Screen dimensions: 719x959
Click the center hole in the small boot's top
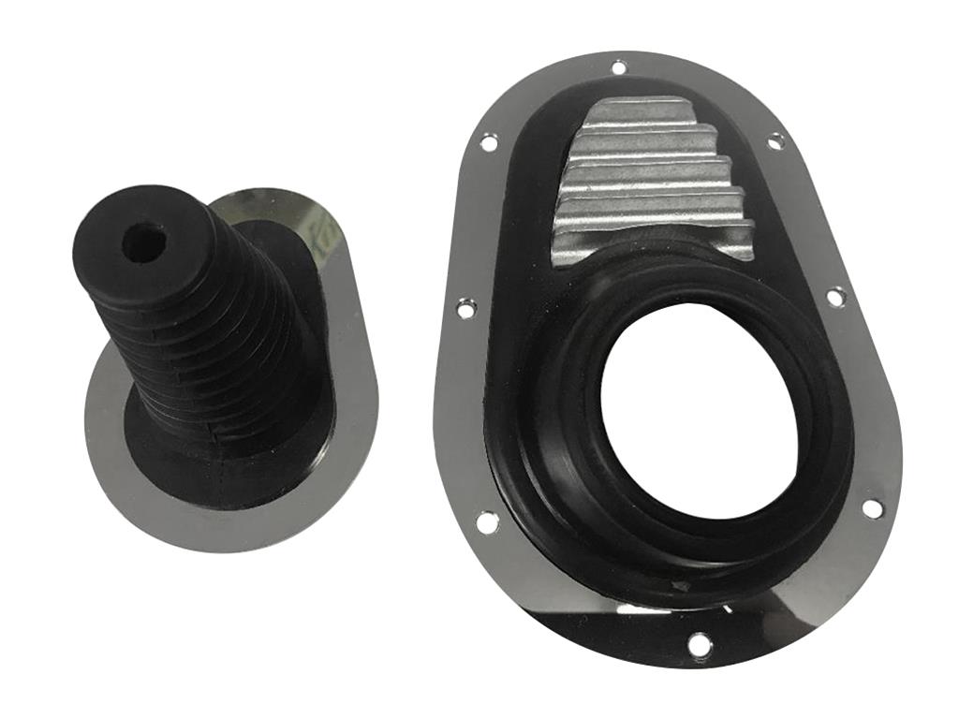(144, 242)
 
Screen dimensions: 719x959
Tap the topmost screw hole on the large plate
(619, 66)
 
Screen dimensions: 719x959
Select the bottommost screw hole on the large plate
(699, 643)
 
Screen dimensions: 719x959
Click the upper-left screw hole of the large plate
(488, 142)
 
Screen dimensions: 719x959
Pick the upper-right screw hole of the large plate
(776, 141)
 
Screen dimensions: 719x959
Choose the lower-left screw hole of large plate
(487, 521)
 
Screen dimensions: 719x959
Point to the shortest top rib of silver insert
(628, 111)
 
